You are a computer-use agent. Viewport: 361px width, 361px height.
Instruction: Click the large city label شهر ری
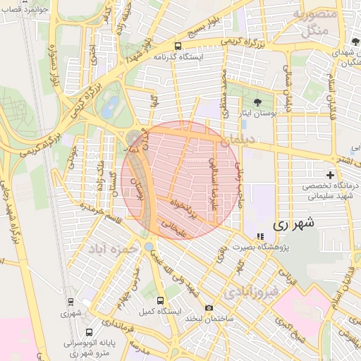coord(292,224)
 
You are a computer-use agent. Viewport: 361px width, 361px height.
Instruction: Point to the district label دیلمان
coord(238,141)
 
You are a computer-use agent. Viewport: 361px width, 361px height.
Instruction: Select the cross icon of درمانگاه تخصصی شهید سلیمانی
coord(329,174)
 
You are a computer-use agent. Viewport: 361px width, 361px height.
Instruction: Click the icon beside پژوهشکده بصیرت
coord(259,237)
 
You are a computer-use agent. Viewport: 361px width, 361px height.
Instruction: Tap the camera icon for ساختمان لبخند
coord(209,307)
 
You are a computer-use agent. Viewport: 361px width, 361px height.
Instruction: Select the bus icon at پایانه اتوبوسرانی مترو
coord(89,332)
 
